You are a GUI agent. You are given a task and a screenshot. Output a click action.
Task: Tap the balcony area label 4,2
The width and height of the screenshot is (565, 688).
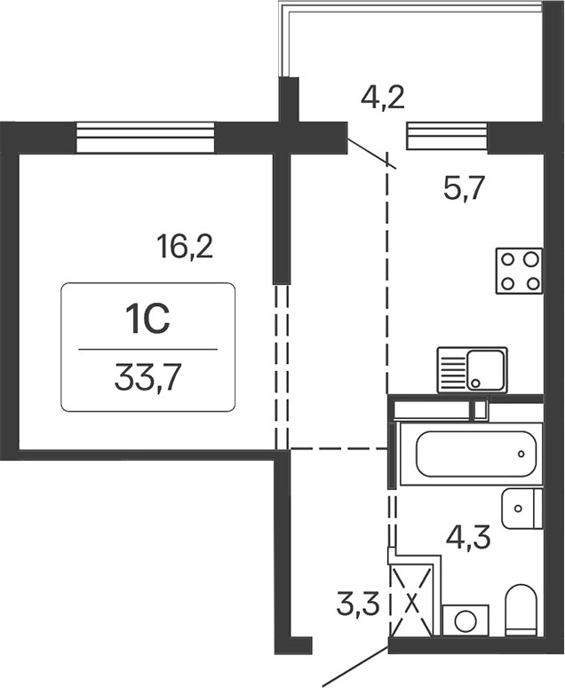click(x=384, y=94)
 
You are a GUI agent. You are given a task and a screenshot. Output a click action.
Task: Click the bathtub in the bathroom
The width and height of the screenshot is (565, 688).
click(x=469, y=454)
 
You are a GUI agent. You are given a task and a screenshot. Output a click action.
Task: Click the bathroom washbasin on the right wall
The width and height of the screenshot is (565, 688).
click(x=521, y=508)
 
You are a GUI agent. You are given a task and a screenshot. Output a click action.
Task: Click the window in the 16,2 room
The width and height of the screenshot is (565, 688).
click(x=146, y=138)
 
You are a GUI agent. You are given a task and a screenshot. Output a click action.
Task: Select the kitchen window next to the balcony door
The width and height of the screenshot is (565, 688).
click(x=448, y=138)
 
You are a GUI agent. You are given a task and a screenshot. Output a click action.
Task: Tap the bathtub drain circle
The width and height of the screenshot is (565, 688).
click(x=521, y=454)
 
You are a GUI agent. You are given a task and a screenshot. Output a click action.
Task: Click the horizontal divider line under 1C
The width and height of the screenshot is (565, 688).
click(x=147, y=350)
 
